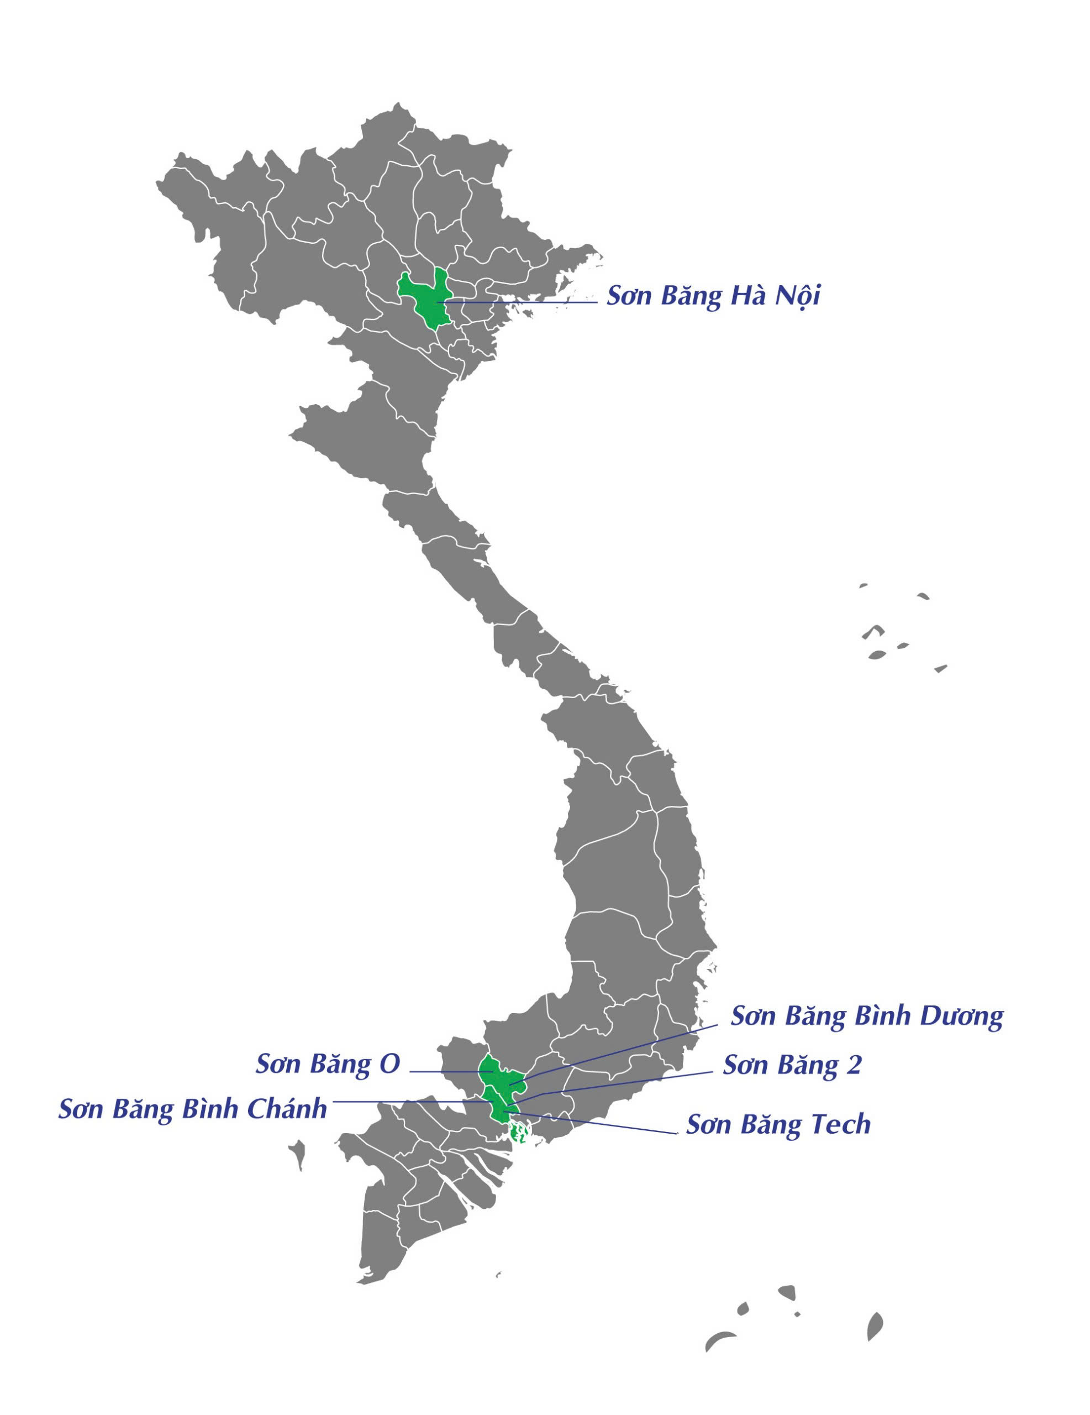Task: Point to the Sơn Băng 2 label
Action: [x=792, y=1065]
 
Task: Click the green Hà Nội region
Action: [x=425, y=298]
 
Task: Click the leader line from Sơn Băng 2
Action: [x=622, y=1083]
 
